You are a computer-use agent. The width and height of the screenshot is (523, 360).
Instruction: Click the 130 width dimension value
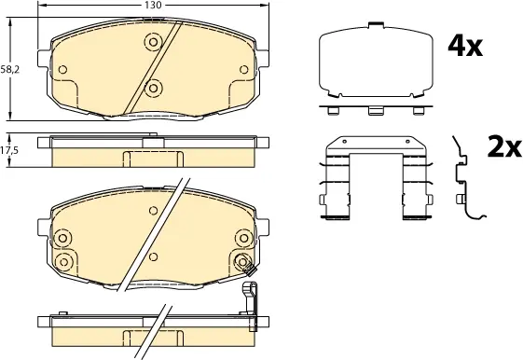pos(154,5)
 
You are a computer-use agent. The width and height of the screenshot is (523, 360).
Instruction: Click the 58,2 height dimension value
pos(10,69)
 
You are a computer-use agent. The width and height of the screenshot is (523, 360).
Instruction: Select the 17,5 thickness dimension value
pos(9,150)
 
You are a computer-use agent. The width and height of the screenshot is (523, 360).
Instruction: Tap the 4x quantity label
pos(465,47)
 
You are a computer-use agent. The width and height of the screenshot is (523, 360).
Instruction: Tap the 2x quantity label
pos(504,146)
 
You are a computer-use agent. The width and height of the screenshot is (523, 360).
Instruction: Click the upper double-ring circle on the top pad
pos(153,42)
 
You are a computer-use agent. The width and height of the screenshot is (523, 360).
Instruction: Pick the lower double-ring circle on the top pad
pos(153,88)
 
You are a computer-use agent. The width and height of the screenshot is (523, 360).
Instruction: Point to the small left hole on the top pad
pos(62,69)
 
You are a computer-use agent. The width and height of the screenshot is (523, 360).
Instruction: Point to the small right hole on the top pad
pos(244,69)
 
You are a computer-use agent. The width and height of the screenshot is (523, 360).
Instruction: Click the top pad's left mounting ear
pos(44,59)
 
